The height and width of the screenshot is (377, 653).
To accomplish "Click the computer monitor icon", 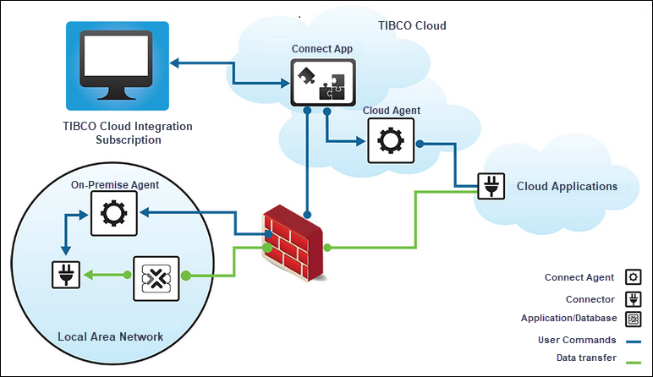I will (x=118, y=64).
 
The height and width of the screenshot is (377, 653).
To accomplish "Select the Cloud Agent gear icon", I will (x=391, y=140).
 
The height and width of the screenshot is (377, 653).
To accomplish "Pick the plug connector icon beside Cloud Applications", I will (x=491, y=185).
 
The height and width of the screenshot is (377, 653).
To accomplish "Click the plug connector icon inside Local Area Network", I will (x=65, y=276).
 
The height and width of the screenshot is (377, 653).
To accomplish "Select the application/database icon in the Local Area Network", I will (x=157, y=276).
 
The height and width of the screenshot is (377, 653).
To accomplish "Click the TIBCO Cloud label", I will (x=412, y=26).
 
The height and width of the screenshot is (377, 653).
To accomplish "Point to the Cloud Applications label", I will (x=567, y=187).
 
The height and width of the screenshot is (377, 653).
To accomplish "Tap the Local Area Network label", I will (x=110, y=336).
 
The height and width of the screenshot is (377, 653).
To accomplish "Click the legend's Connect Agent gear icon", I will (x=632, y=277).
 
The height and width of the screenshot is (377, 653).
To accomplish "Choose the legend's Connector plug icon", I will (x=632, y=298).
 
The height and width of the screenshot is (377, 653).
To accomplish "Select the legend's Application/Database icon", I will (x=632, y=319).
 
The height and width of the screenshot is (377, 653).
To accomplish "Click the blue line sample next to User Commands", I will (x=632, y=341).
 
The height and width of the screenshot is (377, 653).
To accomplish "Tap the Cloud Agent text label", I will (x=392, y=111).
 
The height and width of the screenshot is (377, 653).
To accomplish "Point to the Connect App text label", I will (x=322, y=49).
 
